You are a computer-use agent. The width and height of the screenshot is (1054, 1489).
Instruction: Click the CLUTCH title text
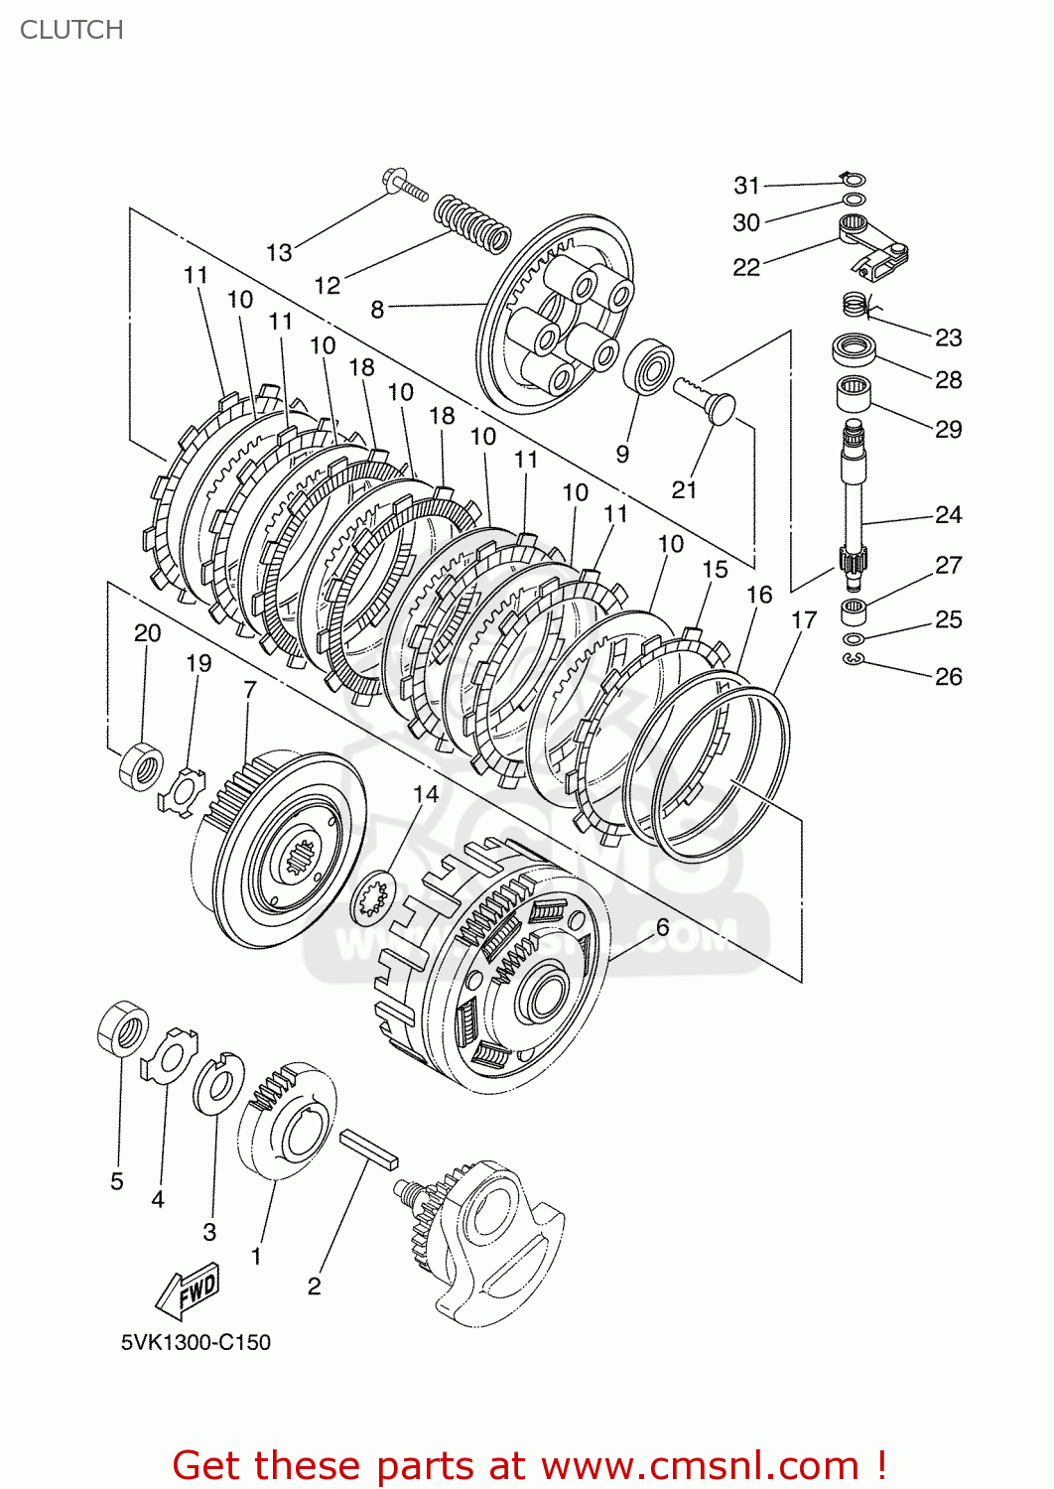pos(71,30)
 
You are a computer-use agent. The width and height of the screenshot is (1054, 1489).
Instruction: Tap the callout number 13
pos(279,253)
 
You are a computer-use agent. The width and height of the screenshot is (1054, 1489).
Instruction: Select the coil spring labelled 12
pos(472,221)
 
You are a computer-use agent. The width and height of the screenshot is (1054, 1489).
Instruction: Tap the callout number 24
pos(948,514)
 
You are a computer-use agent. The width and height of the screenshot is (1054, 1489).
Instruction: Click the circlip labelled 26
pos(855,660)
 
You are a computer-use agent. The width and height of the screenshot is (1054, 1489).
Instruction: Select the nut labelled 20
pos(141,765)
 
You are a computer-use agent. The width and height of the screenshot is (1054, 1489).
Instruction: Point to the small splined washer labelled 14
pos(375,896)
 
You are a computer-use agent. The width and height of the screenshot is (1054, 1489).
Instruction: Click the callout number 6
pos(662,927)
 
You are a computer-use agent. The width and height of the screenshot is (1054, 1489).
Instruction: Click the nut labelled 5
pos(123,1028)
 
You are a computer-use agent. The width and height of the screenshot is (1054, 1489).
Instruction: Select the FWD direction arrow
pos(188,1290)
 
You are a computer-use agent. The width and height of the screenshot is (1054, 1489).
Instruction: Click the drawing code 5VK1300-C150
pos(196,1342)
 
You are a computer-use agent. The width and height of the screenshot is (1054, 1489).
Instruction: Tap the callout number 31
pos(746,186)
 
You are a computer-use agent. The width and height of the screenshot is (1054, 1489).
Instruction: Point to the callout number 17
pos(803,620)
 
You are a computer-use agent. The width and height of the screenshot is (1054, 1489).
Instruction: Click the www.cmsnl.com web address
pos(700,1465)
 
